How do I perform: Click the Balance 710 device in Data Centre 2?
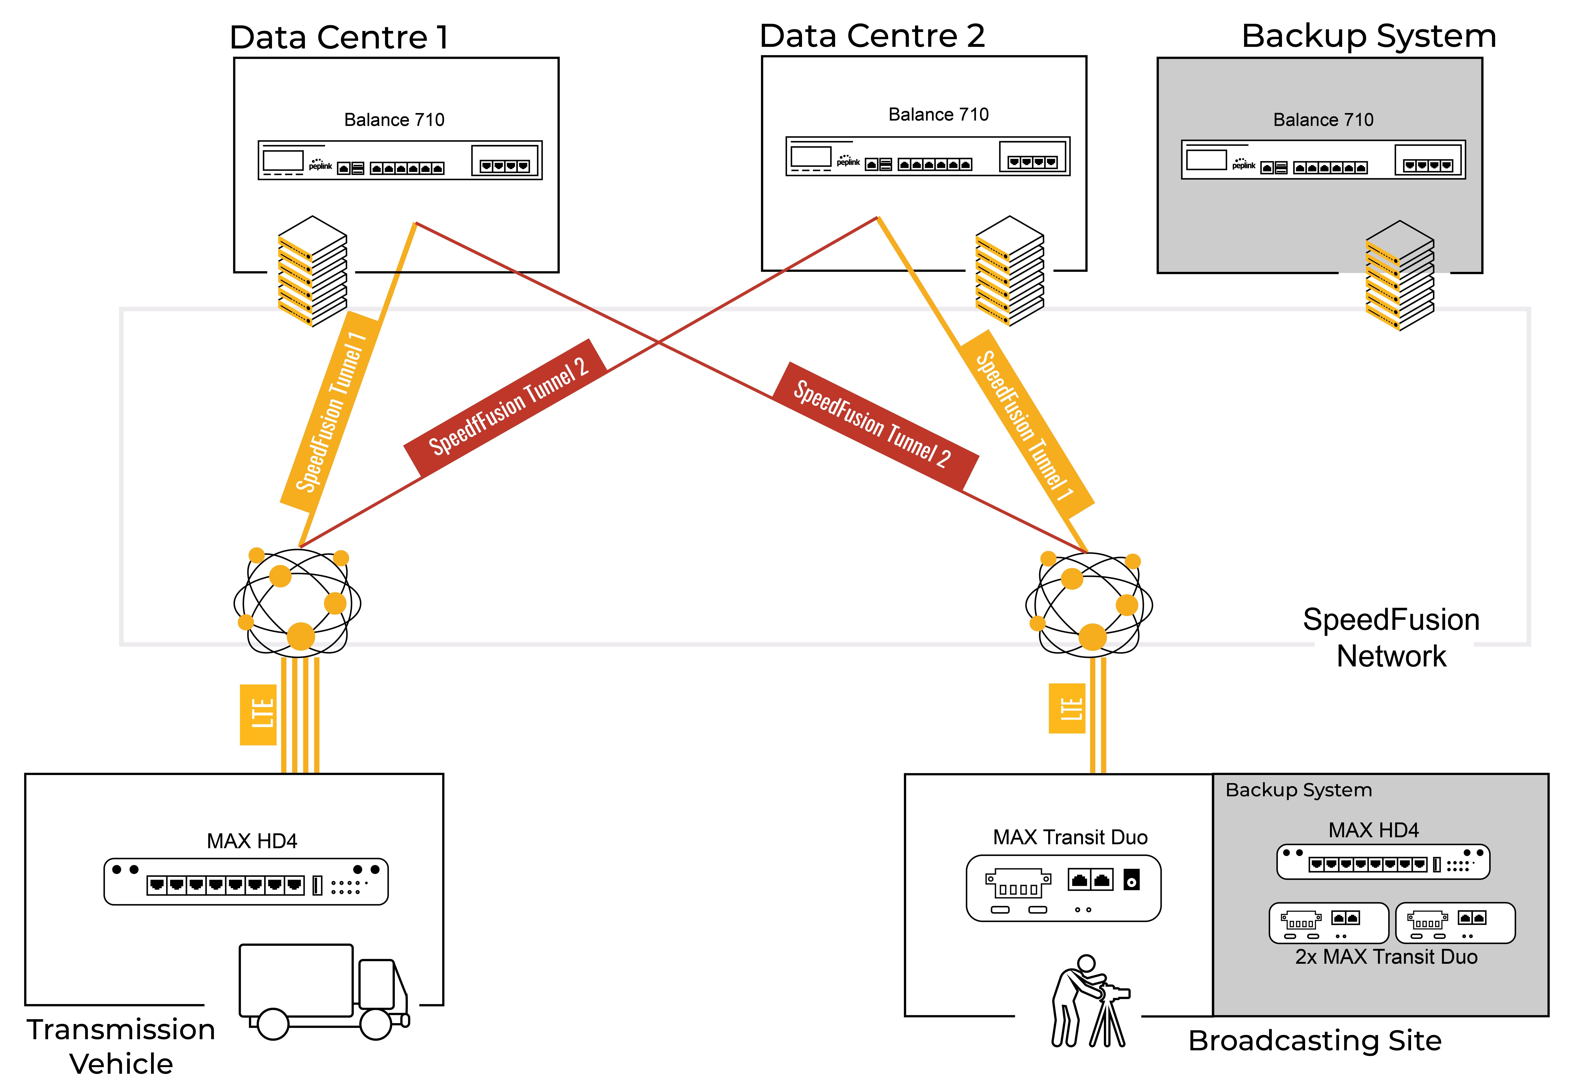coord(928,156)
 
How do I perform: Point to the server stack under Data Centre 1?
coord(312,271)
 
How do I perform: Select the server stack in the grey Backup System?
coord(1399,275)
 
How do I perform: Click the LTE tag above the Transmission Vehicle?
coord(258,714)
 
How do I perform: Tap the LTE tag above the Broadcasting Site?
coord(1067,708)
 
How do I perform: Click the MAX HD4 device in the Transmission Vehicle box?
coord(246,881)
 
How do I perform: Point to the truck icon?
coord(324,991)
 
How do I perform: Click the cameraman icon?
coord(1089,1000)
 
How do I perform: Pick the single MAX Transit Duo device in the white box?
coord(1063,888)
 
